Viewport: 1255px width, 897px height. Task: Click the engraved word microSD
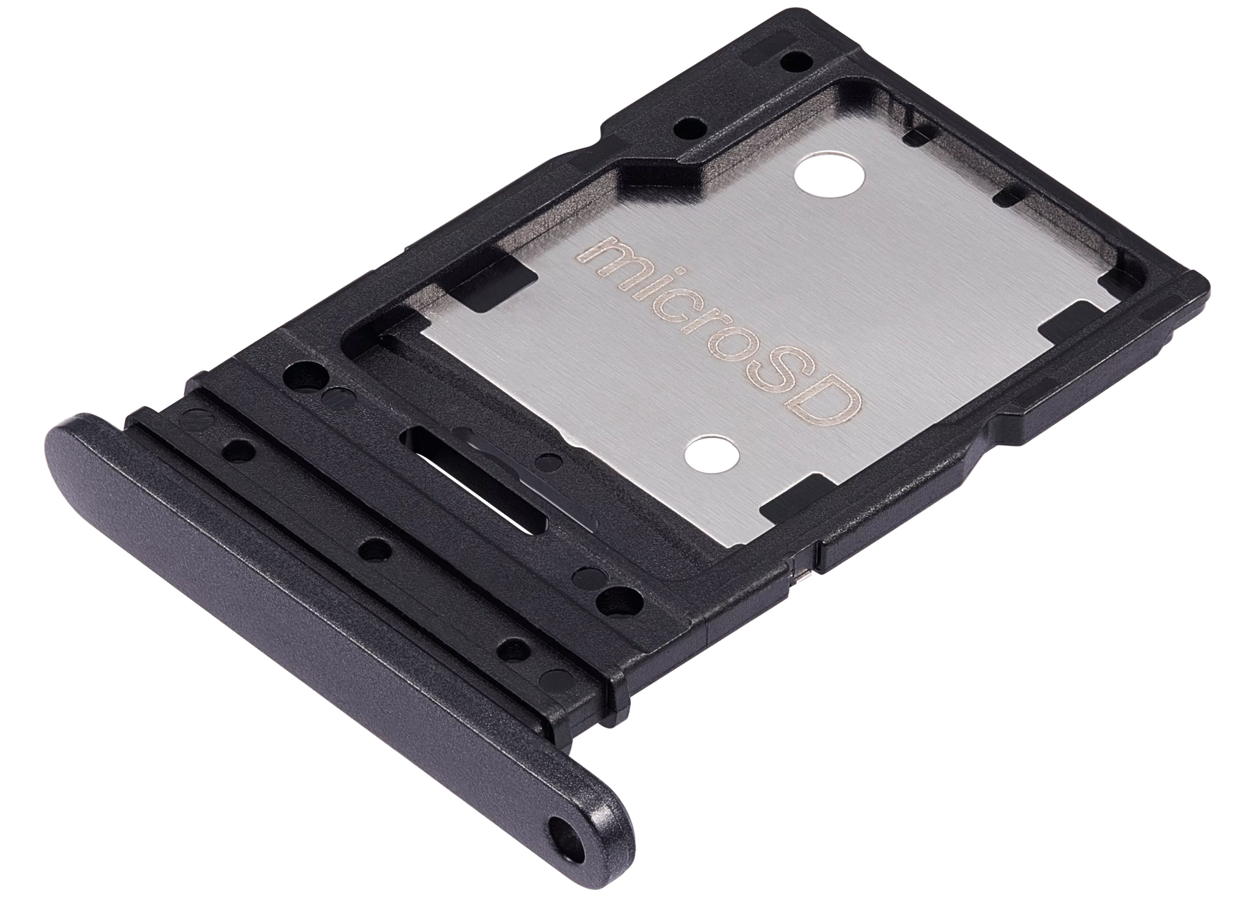[x=718, y=328]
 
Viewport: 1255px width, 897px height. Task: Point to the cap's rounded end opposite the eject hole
[x=66, y=446]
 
